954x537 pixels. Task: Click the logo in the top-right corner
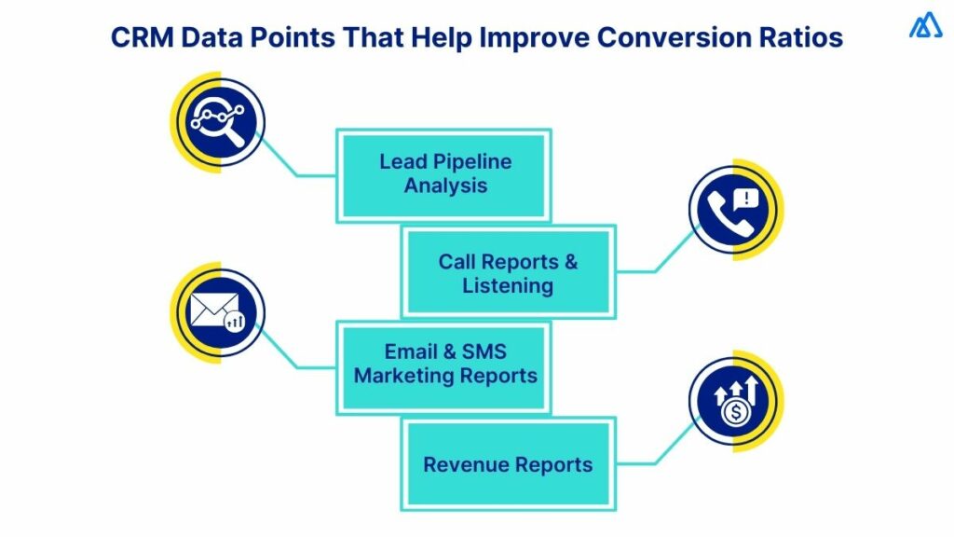(925, 25)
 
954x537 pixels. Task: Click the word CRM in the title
(142, 38)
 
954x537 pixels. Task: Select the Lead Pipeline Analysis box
(444, 174)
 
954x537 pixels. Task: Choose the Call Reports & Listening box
(508, 272)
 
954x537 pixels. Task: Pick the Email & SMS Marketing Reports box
(444, 365)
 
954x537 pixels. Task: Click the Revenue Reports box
(508, 463)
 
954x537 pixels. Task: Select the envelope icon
(213, 310)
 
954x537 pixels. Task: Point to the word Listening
(508, 285)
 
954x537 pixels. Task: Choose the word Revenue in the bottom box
(465, 463)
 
